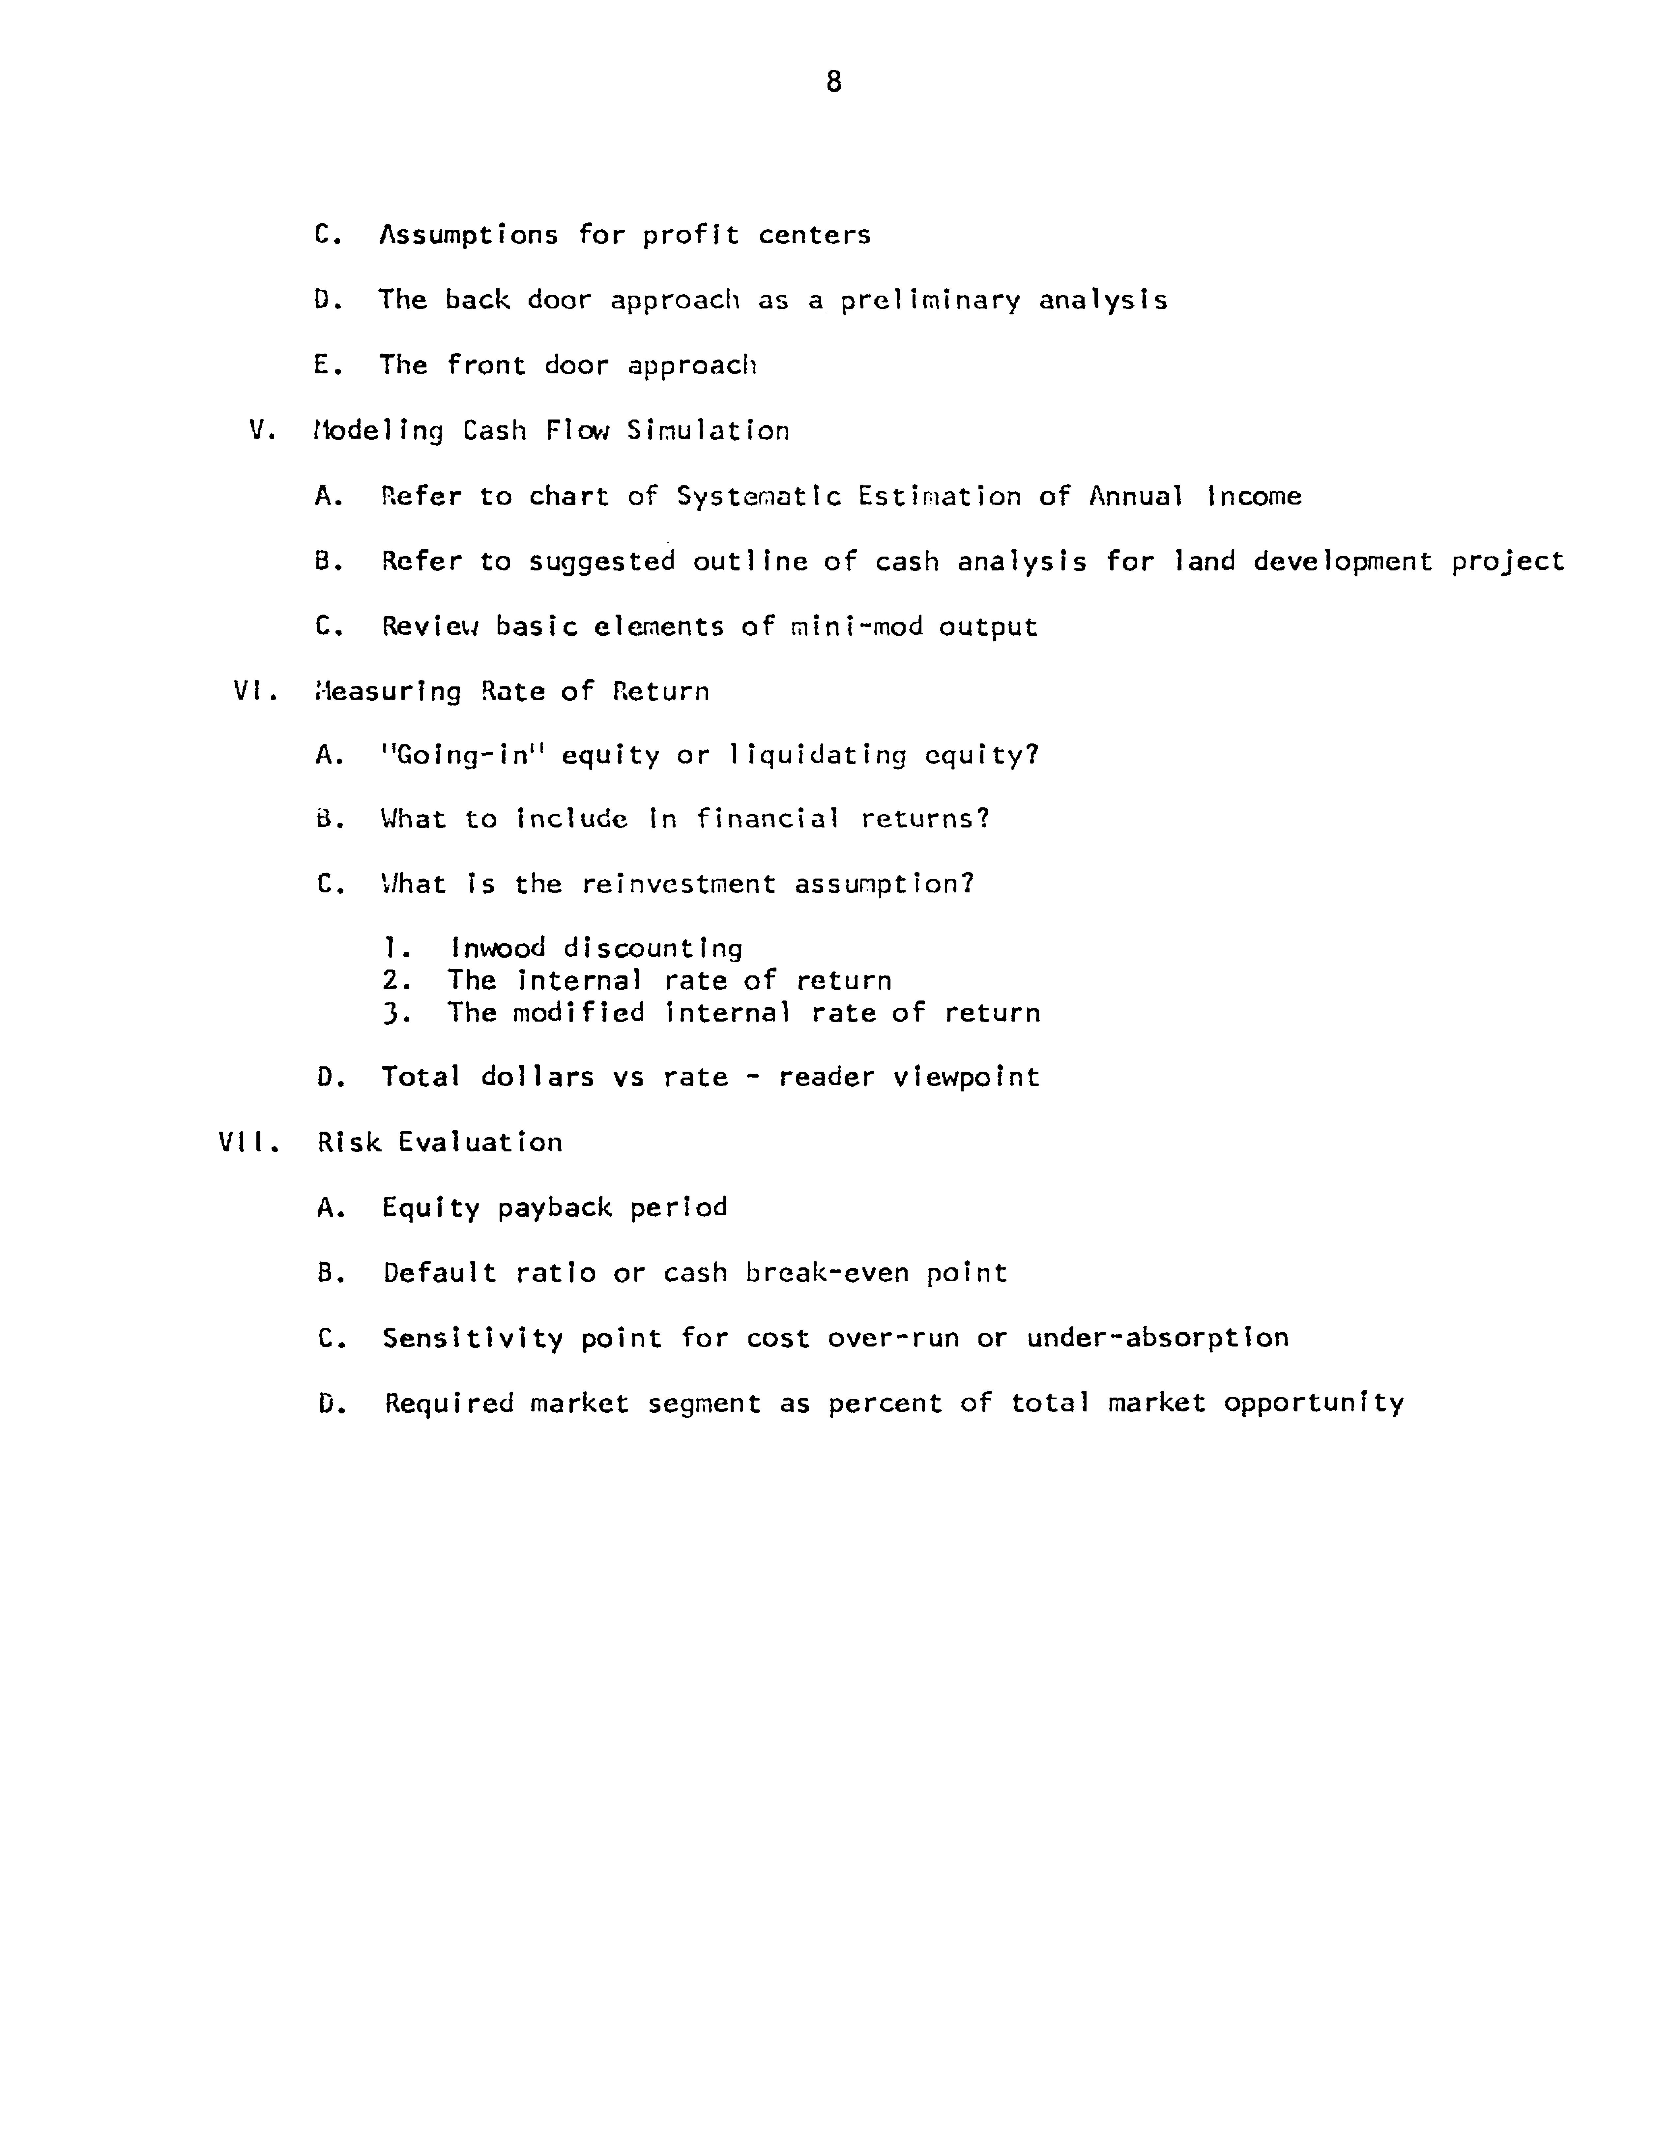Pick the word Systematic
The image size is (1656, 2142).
(x=758, y=496)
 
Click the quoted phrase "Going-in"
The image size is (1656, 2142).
(x=461, y=755)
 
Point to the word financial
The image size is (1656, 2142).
(x=767, y=819)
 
